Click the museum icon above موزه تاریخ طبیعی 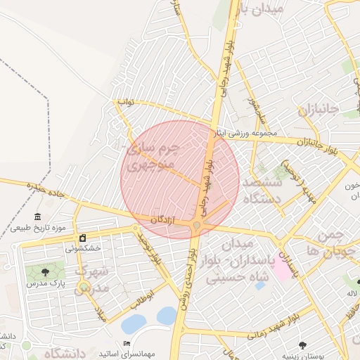click(37, 217)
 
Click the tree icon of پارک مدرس click(45, 271)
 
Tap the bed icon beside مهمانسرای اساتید click(127, 342)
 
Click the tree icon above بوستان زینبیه click(303, 345)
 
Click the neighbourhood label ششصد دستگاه click(262, 191)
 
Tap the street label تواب click(125, 103)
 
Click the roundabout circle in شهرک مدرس click(84, 286)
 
